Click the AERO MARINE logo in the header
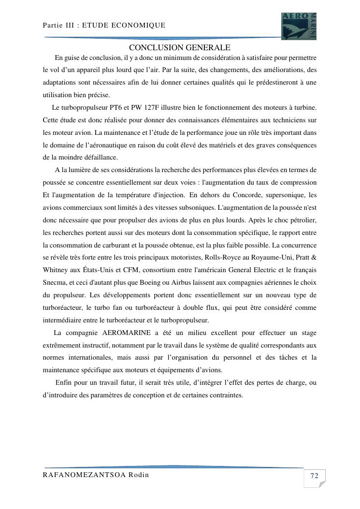(x=299, y=26)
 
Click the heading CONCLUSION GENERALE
(x=179, y=47)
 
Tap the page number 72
(x=314, y=476)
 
